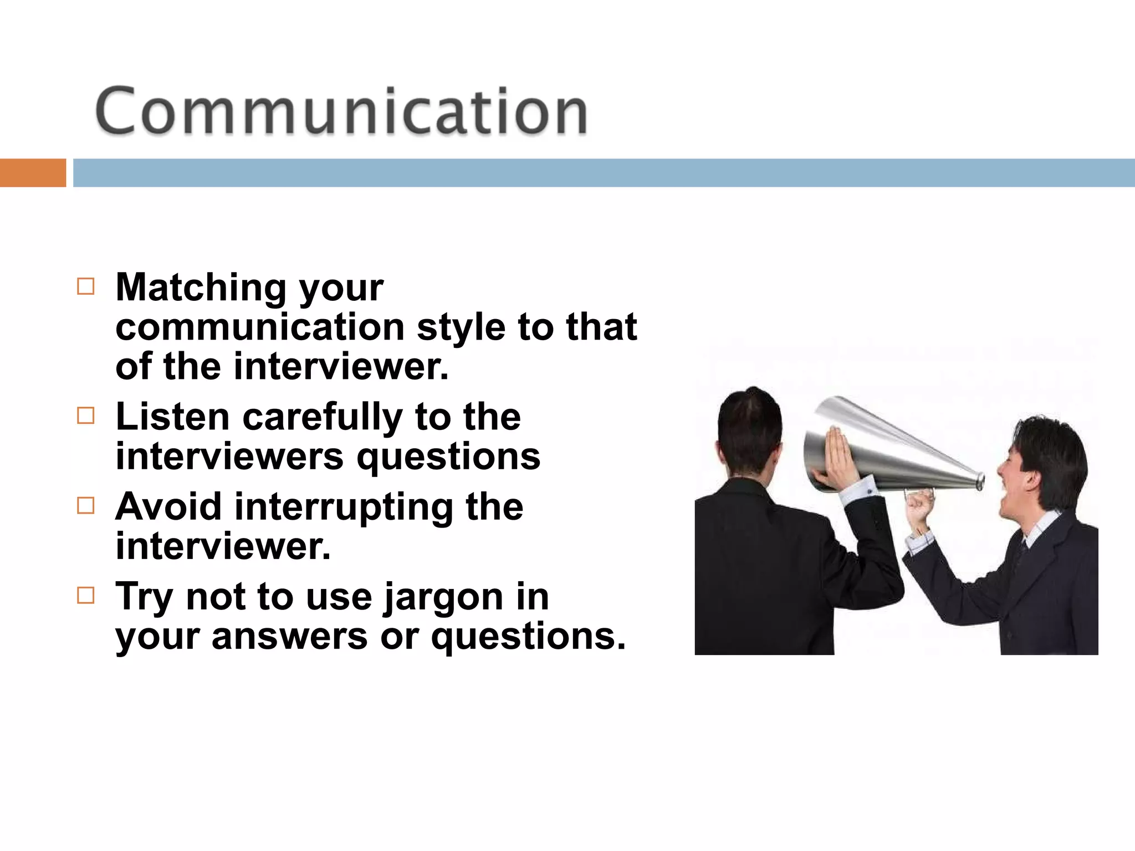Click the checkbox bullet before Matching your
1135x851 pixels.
86,286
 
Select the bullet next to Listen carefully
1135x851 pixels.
86,416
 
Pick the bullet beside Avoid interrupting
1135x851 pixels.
86,505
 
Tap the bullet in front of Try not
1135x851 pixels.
86,596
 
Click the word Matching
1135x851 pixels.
201,288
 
